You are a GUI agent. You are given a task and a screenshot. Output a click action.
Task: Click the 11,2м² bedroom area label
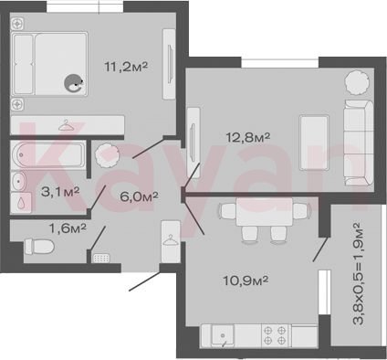tap(126, 67)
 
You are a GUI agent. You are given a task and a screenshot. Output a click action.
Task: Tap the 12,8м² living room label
tap(248, 137)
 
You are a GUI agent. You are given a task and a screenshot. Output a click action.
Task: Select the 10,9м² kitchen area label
tap(246, 281)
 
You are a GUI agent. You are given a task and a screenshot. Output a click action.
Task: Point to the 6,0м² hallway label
tap(139, 196)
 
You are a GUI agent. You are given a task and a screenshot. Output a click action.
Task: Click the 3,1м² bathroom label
tap(60, 192)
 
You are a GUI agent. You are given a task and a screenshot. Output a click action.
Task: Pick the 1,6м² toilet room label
tap(68, 228)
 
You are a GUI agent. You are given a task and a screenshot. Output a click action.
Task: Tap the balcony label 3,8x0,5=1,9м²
tap(358, 273)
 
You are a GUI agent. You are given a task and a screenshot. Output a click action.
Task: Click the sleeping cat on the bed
tap(73, 83)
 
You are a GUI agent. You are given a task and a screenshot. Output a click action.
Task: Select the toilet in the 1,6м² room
tap(39, 247)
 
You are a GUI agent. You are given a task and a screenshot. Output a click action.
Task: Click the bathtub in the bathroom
tap(47, 154)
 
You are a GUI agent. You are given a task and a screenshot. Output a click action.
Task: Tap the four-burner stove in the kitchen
tap(276, 335)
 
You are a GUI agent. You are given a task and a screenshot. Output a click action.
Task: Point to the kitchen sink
tap(223, 335)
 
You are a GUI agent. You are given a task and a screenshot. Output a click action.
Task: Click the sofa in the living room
tap(359, 143)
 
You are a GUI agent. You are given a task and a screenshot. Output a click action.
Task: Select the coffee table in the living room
tap(314, 143)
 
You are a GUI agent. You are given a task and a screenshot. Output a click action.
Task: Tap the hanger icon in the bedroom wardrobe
tap(66, 125)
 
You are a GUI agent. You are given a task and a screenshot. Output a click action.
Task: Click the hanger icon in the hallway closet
tap(171, 239)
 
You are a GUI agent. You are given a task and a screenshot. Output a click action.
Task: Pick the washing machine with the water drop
tap(21, 202)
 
